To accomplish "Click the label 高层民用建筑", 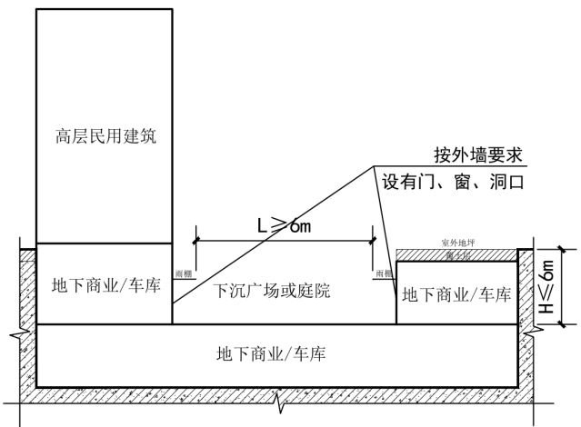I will [x=104, y=137].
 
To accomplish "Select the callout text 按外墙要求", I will [x=479, y=155].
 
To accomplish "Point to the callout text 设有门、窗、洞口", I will [x=455, y=182].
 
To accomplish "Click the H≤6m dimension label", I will [x=546, y=286].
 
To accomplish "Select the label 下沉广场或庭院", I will [x=271, y=292].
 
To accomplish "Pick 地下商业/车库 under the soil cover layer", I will [x=456, y=294].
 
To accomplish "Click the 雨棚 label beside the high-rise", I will [x=183, y=272].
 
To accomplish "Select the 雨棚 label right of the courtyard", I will [x=383, y=272].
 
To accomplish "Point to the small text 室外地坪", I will [x=458, y=244].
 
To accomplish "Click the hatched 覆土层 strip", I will [x=458, y=256].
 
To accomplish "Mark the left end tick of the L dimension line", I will [x=195, y=241].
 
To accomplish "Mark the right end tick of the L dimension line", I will [x=372, y=241].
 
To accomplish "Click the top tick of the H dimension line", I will [x=563, y=249].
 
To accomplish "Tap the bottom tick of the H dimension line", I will [x=563, y=323].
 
